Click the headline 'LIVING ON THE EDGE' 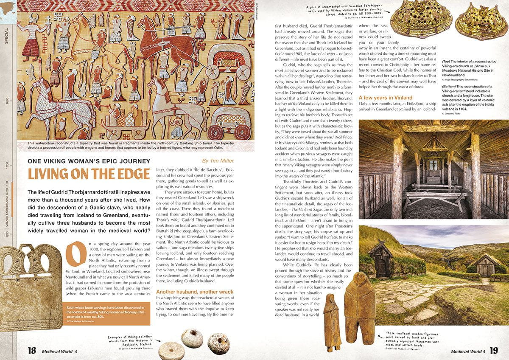[x=89, y=174]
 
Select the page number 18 [x=31, y=351]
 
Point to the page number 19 [x=493, y=351]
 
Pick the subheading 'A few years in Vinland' [x=385, y=98]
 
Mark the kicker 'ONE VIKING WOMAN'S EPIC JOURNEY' [x=89, y=161]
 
